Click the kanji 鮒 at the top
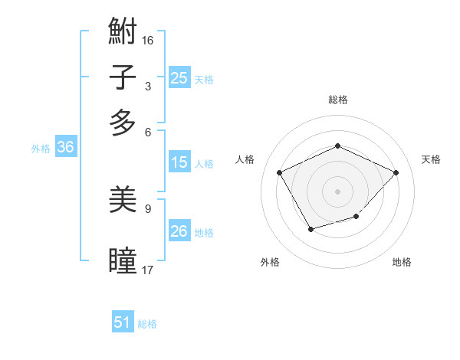[123, 32]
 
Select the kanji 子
[123, 77]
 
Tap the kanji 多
[123, 122]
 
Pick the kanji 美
[123, 201]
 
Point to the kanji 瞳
[123, 260]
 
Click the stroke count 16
[148, 38]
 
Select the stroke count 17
[148, 270]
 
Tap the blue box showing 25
[179, 77]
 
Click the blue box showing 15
[179, 162]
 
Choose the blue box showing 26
[179, 231]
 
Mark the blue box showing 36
[65, 148]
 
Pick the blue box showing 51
[123, 322]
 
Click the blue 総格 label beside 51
[147, 324]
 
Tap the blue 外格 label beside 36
[41, 149]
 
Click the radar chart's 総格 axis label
[337, 100]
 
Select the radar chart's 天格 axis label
[431, 159]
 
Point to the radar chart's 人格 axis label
[245, 159]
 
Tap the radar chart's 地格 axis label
[402, 262]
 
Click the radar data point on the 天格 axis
[396, 172]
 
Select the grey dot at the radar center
[337, 191]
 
